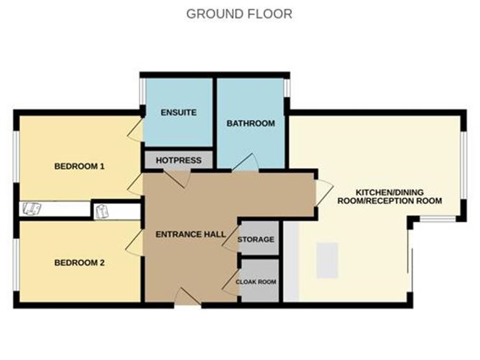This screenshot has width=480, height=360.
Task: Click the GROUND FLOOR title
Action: [239, 14]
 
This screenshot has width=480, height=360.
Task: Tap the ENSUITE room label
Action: [178, 112]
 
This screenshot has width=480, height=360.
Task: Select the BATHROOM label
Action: [250, 124]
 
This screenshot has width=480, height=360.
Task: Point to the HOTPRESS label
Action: [178, 160]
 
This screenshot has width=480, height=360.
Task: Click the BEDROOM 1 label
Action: [79, 166]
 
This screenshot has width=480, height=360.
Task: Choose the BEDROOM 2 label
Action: [79, 263]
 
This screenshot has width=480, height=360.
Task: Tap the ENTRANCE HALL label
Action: [190, 234]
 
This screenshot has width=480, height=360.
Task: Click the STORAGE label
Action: [256, 239]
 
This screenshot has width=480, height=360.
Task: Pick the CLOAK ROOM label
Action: [256, 282]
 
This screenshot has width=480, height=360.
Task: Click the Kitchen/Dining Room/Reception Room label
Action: [389, 197]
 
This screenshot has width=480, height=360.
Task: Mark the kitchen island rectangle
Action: [327, 260]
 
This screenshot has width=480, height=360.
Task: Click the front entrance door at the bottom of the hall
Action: [188, 297]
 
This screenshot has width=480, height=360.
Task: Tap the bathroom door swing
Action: [245, 162]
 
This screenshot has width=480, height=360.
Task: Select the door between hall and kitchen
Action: [324, 193]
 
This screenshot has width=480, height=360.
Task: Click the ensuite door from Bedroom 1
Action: [135, 130]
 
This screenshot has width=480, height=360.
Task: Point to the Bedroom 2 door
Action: [134, 242]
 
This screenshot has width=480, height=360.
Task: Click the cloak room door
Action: [230, 282]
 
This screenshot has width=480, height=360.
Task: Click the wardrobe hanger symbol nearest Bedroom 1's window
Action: [32, 209]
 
